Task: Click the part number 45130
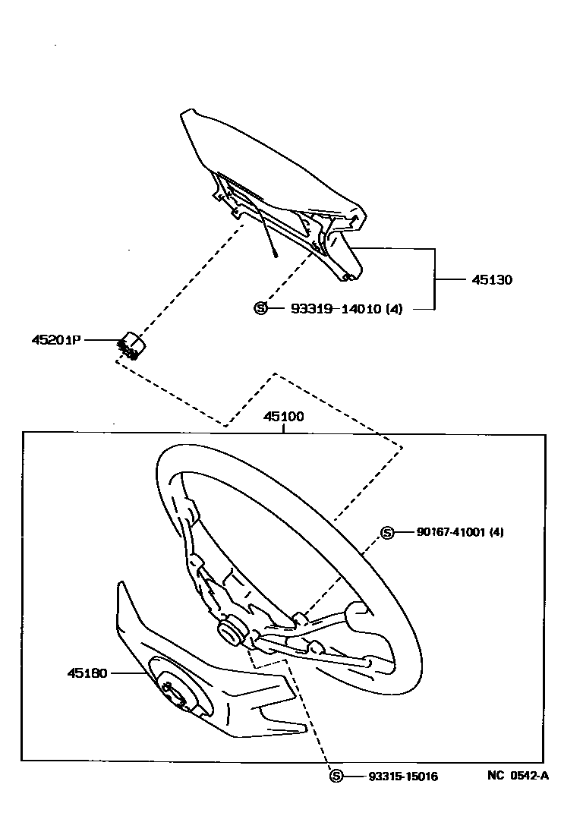point(492,280)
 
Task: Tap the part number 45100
point(284,417)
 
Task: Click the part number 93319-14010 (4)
point(346,309)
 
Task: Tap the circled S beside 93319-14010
point(260,308)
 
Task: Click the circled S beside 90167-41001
point(387,533)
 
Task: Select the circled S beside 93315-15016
point(336,776)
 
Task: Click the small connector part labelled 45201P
point(132,345)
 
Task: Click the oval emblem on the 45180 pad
point(174,692)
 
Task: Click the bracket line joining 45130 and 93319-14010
point(434,279)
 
